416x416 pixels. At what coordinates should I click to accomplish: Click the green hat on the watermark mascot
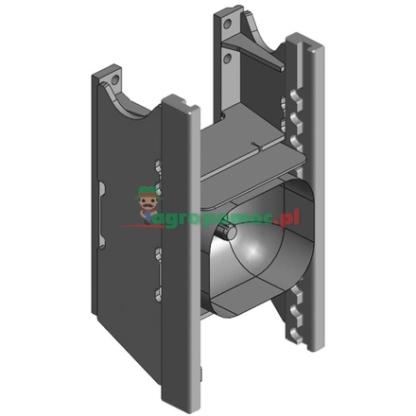click(147, 190)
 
